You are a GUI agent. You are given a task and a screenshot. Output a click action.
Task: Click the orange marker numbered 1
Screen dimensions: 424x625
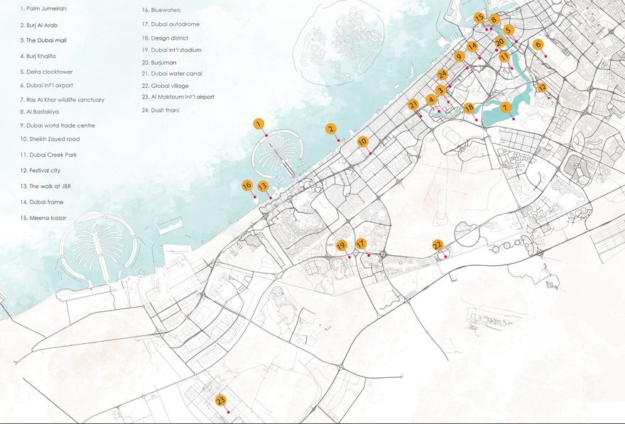tap(259, 124)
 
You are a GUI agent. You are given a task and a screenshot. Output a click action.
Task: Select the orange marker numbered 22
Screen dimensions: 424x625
tap(437, 245)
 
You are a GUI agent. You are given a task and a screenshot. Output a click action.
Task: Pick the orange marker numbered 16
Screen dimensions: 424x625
tap(246, 186)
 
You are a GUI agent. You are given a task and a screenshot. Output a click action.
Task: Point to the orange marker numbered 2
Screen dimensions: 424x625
tap(330, 129)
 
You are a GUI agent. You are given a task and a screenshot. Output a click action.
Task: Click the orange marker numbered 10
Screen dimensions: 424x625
tap(362, 142)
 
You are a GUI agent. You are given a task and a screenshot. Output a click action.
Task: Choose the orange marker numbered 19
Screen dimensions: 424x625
tap(341, 246)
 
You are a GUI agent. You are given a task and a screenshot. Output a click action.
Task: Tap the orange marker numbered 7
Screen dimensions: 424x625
tap(506, 108)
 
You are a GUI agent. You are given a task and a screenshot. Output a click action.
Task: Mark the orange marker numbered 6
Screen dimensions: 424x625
tap(538, 45)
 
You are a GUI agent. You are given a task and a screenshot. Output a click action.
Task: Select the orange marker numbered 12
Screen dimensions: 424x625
tap(542, 88)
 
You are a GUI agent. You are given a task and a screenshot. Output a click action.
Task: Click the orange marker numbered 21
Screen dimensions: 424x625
tap(413, 105)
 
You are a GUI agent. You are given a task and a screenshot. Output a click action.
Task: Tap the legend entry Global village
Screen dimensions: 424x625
tap(170, 86)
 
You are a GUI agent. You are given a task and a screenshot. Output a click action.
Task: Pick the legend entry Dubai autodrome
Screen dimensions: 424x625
tap(175, 24)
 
